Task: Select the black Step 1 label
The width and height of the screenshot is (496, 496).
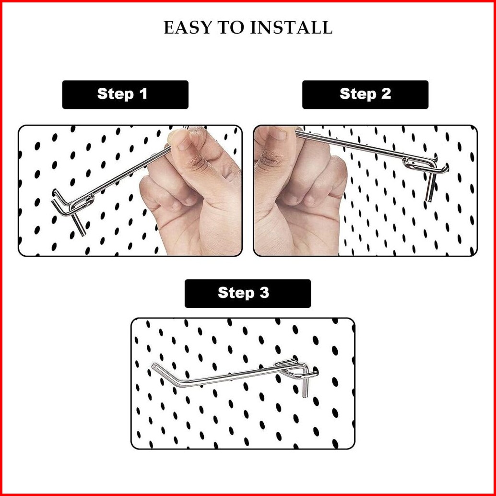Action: [x=125, y=94]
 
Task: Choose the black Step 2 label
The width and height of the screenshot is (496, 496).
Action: [x=366, y=94]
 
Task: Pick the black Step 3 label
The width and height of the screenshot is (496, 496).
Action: [x=248, y=293]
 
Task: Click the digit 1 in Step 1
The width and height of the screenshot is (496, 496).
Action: [x=143, y=94]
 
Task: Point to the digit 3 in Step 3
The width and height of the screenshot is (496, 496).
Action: [x=264, y=293]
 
